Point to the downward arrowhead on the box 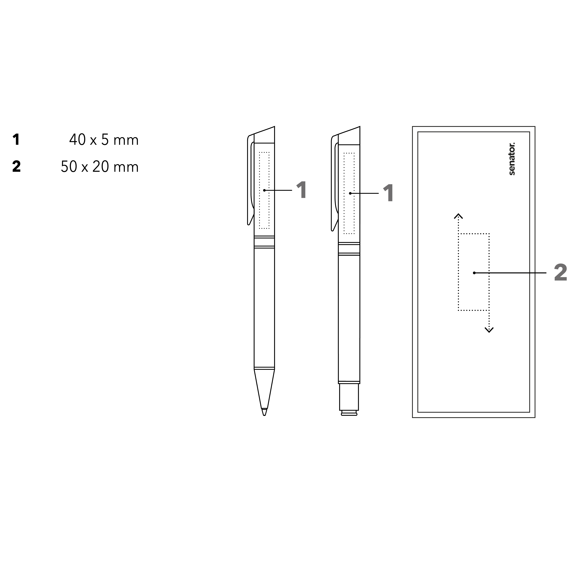coord(489,330)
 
